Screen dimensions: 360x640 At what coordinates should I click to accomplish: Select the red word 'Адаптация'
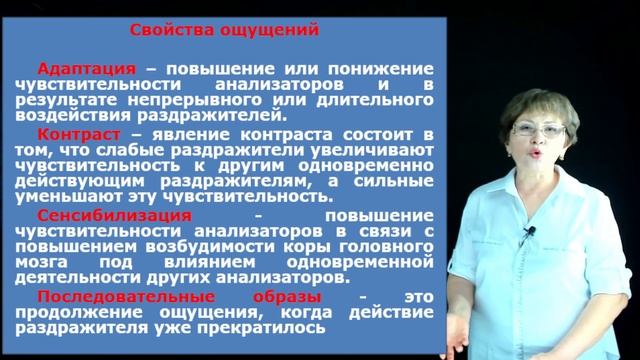(86, 68)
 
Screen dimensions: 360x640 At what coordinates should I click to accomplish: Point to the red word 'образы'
(287, 296)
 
